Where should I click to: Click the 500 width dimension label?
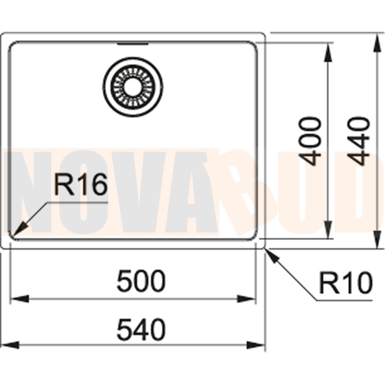141,281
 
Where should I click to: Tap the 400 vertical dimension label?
310,141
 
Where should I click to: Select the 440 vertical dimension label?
359,141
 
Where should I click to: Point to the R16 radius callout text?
81,184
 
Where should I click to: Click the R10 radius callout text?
346,282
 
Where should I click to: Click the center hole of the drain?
133,87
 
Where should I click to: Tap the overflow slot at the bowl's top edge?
133,44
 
